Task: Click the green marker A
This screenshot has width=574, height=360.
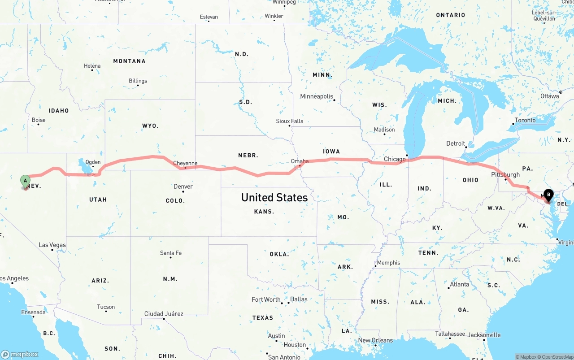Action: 26,182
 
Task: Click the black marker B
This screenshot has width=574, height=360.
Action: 548,195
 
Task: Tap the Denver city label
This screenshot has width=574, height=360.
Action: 183,187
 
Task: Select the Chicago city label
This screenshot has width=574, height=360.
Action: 395,159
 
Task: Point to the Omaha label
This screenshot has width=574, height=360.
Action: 300,161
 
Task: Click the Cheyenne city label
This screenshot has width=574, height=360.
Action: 185,164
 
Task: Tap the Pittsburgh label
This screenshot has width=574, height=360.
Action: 505,174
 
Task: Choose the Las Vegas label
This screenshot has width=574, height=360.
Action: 52,245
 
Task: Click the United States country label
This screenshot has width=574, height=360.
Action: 274,197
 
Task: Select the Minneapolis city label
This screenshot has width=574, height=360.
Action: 317,96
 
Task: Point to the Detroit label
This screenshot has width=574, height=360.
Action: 456,143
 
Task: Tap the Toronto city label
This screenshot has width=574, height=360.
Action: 525,120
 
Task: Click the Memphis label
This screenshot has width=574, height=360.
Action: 388,263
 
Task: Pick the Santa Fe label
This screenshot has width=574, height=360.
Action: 171,253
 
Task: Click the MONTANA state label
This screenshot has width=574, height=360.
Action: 129,61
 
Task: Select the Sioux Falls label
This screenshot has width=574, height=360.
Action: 289,121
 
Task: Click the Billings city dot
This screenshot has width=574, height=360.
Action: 138,85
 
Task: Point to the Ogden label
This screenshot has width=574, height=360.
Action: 93,162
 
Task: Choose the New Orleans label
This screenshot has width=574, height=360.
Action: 375,340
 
